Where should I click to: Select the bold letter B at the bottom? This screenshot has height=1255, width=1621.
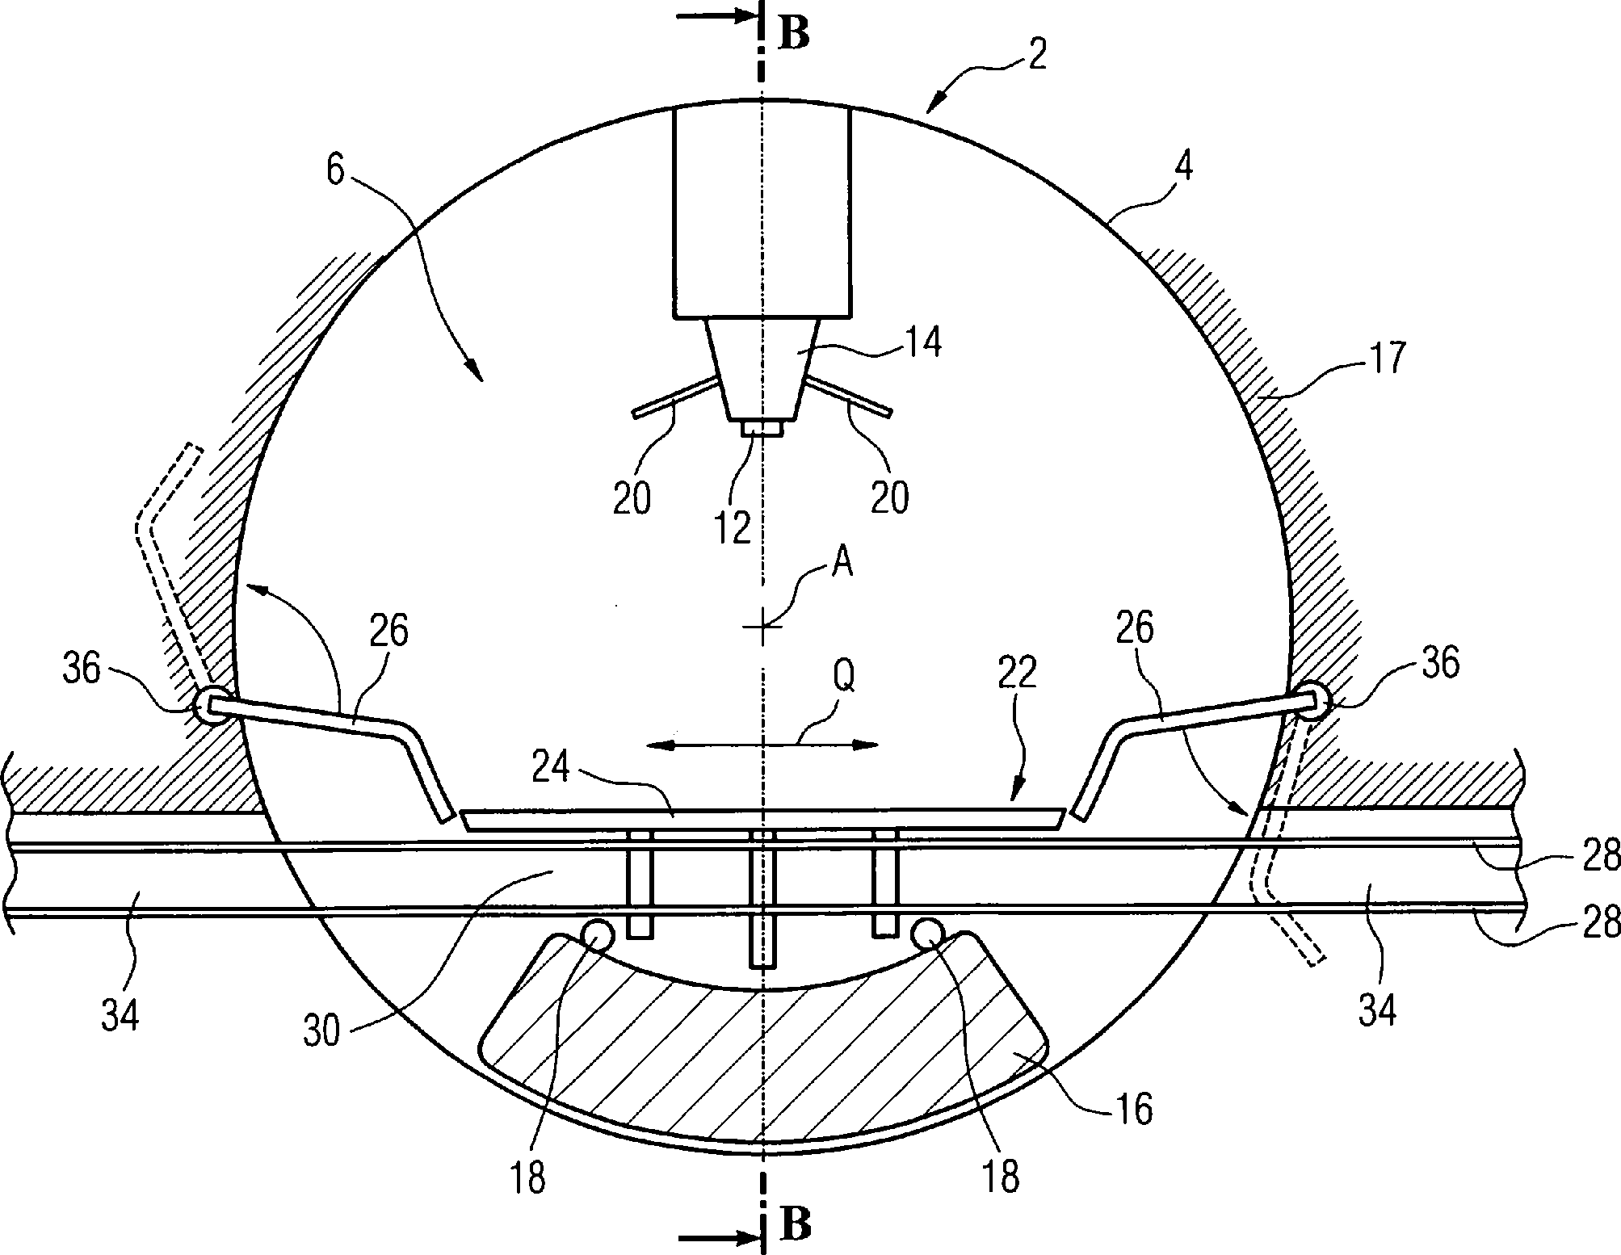[x=796, y=1225]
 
